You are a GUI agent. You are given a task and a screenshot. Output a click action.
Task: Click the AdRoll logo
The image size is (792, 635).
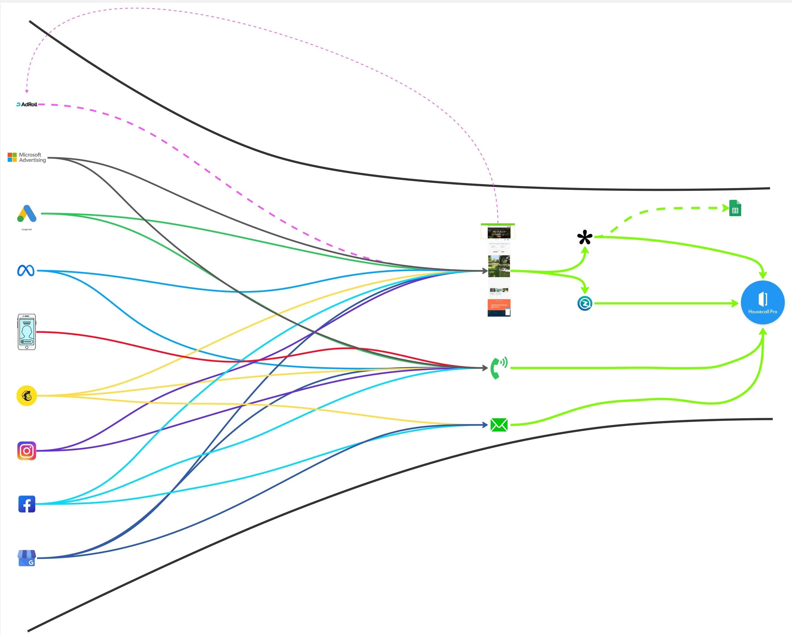(27, 104)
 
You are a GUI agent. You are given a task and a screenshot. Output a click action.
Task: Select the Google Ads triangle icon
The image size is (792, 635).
(27, 214)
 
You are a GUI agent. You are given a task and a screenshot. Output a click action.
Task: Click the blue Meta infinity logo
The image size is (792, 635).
(26, 271)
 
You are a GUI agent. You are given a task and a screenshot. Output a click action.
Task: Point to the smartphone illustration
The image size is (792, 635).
(27, 332)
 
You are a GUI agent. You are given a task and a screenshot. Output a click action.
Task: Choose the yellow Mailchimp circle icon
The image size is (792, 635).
(27, 396)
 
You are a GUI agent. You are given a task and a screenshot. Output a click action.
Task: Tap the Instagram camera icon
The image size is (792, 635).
(27, 451)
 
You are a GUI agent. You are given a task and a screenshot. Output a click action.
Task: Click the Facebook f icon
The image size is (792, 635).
(27, 504)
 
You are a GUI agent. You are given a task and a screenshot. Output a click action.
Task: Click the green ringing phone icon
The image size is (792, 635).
(499, 368)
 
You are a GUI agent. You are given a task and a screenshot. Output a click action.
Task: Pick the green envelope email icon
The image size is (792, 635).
(499, 425)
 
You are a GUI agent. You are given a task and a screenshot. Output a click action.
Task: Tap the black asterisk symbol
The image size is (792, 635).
(584, 237)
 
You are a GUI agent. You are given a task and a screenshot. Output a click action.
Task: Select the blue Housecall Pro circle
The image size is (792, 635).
(763, 302)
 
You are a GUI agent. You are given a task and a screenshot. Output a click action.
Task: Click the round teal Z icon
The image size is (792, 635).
(584, 303)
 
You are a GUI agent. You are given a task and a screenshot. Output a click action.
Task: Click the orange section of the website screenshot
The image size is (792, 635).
(499, 304)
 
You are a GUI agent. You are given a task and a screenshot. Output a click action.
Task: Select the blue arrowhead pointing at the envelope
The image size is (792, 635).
(485, 425)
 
